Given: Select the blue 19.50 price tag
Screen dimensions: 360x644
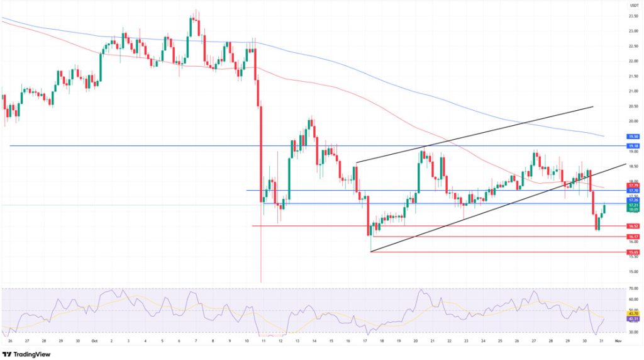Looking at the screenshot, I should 633,136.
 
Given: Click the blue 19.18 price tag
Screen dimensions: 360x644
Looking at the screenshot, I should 633,145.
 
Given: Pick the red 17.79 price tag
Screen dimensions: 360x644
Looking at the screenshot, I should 633,186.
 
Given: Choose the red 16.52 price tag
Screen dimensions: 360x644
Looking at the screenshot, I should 633,225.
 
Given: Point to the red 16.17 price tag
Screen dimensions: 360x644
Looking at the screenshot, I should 633,236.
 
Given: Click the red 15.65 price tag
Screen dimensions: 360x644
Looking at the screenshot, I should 633,252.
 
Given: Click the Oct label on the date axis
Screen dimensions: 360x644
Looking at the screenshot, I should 94,340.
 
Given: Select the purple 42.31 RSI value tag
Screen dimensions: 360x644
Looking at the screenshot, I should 633,319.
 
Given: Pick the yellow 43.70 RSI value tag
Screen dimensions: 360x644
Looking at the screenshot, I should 633,314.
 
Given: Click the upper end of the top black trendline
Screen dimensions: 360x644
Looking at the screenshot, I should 593,107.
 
